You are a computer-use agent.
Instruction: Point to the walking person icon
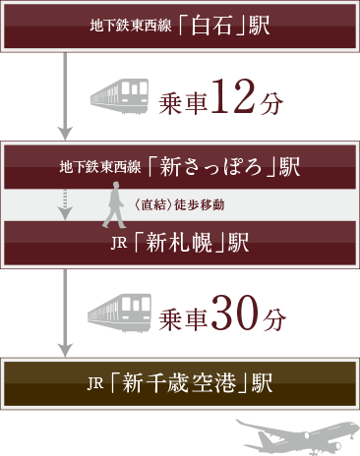pyautogui.click(x=113, y=205)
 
